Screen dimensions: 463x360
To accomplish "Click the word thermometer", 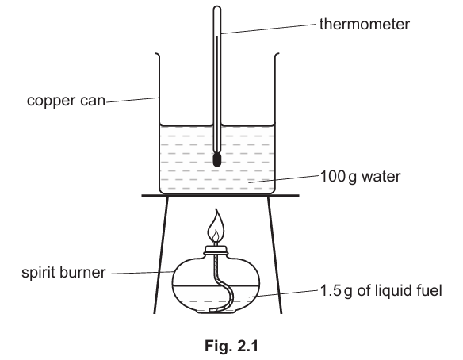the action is click(365, 24).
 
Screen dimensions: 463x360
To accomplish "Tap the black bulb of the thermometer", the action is click(216, 159).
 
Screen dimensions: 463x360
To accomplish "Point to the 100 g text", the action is click(339, 177).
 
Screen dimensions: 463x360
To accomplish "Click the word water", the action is click(381, 177).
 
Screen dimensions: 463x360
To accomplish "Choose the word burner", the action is click(82, 272).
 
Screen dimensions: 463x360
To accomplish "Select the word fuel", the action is click(430, 290).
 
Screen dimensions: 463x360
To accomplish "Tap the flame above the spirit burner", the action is click(216, 226).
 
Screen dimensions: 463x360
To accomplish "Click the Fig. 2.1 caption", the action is click(231, 346).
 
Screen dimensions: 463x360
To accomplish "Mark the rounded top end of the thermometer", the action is click(217, 8).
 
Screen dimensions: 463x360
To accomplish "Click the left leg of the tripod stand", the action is click(161, 255).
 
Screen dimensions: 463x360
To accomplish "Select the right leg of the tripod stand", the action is click(274, 255).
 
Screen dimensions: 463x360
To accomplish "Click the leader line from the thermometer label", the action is click(269, 29).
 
